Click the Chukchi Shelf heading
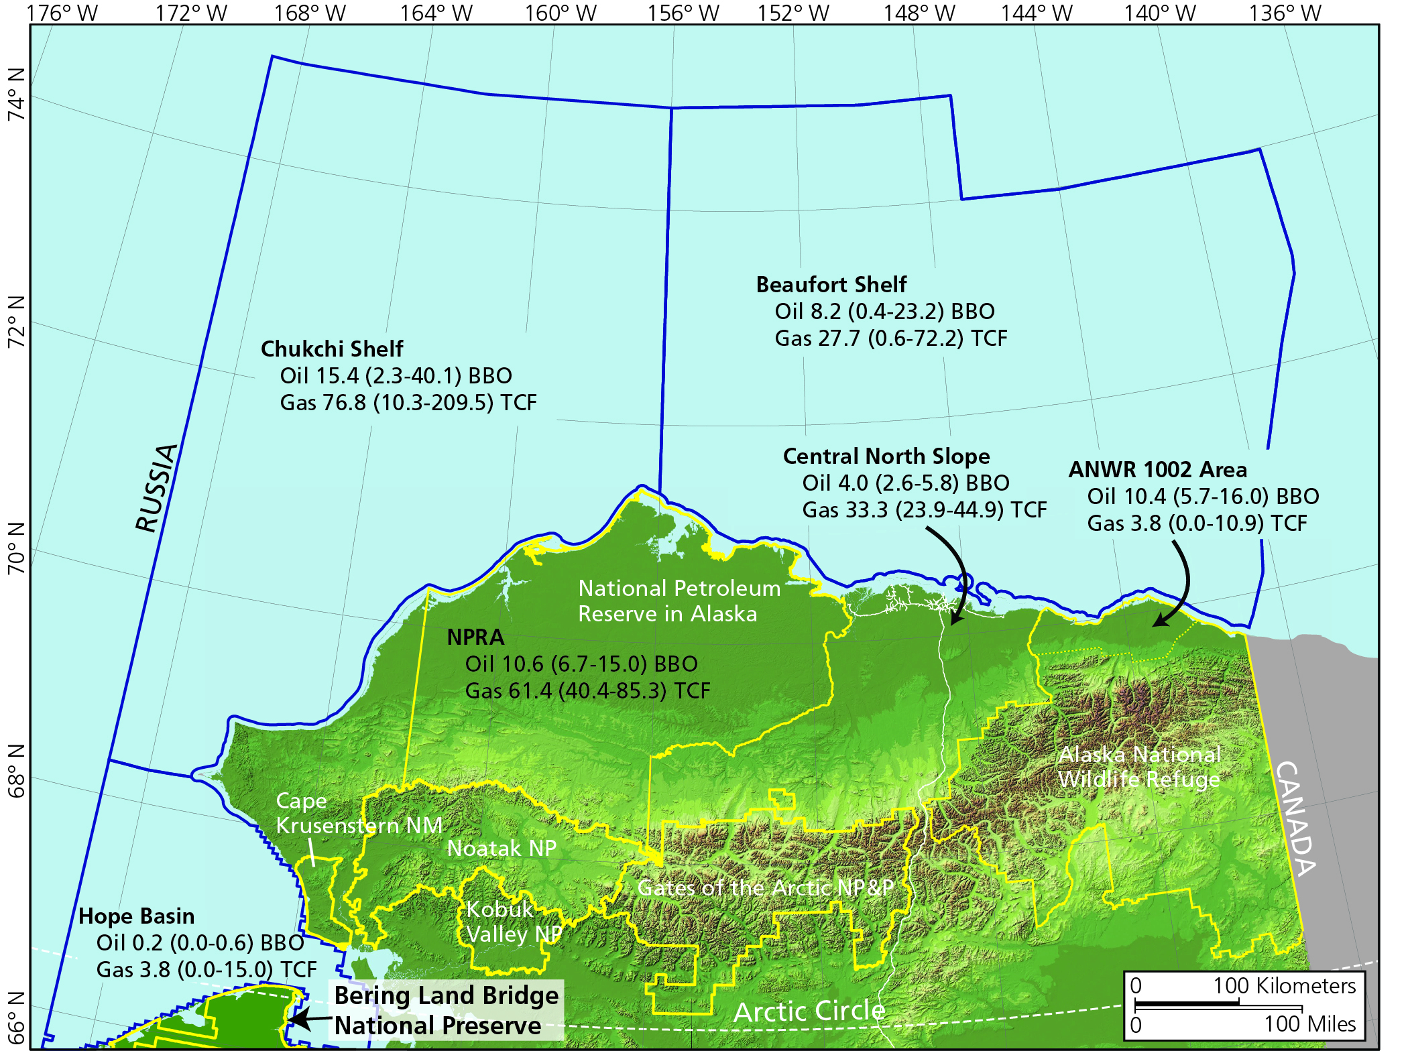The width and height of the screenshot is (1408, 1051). click(332, 349)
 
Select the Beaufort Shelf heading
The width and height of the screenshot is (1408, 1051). click(831, 285)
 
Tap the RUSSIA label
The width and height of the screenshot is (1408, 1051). click(157, 488)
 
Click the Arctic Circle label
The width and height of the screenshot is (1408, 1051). click(809, 1011)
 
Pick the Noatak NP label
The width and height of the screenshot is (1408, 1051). click(502, 848)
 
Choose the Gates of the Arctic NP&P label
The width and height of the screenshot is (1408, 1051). click(765, 887)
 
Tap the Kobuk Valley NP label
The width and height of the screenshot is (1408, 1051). click(513, 922)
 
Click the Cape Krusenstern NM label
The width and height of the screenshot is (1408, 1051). click(358, 813)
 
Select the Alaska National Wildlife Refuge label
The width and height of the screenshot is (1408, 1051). click(1139, 767)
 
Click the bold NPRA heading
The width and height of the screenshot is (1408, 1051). click(475, 637)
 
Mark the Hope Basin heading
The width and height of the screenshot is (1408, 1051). click(136, 916)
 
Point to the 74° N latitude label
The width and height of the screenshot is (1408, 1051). click(16, 94)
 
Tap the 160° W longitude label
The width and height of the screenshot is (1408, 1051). click(560, 13)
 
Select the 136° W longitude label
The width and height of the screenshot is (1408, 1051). click(1285, 13)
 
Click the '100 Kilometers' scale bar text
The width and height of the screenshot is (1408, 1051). click(1284, 986)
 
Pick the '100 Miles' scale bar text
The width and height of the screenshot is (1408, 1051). click(1309, 1024)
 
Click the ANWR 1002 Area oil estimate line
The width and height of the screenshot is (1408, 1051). click(1203, 497)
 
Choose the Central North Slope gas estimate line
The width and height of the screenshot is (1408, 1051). click(924, 510)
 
